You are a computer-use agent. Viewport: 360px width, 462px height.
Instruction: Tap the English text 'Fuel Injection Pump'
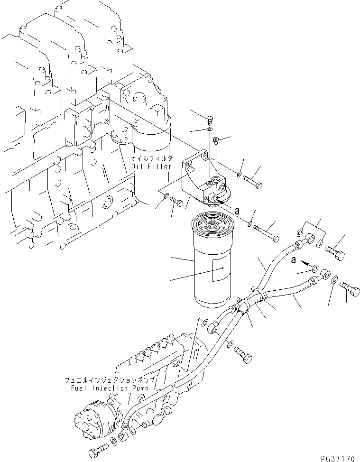coord(104,387)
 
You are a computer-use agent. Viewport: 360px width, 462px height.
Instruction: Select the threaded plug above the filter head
coord(216,140)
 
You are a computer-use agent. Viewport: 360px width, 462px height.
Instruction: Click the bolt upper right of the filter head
coord(253,181)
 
